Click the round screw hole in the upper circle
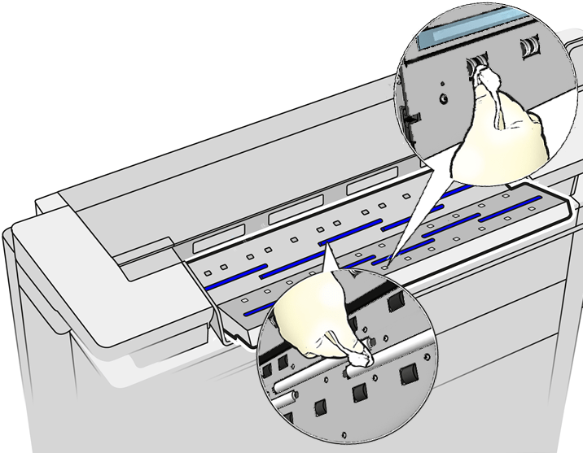click(442, 99)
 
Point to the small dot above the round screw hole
click(440, 82)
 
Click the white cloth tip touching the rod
click(360, 358)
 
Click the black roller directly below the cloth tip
click(359, 396)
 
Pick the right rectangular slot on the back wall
click(368, 187)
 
